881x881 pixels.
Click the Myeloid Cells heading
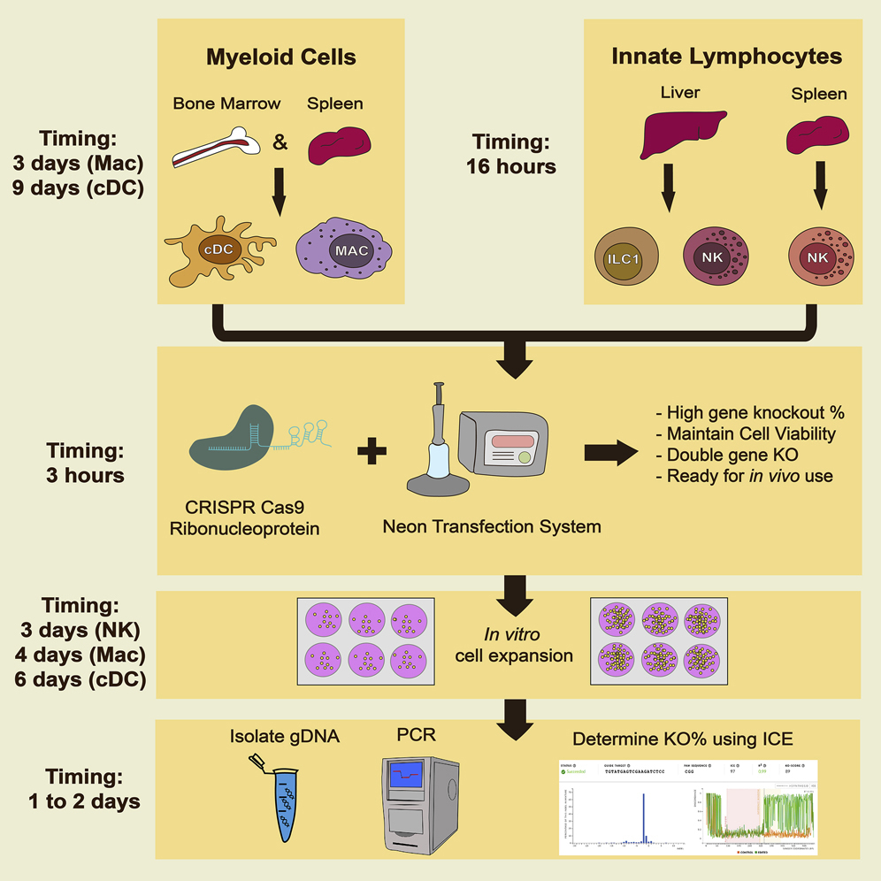click(x=280, y=58)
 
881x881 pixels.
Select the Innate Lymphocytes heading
click(x=726, y=57)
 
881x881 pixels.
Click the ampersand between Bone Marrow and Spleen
click(x=280, y=142)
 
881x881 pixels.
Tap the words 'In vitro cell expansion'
click(x=515, y=646)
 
